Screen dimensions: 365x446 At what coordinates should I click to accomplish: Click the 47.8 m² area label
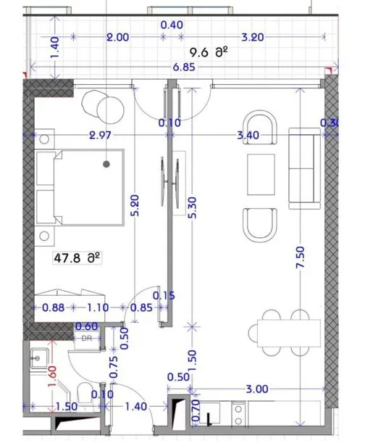pyautogui.click(x=77, y=258)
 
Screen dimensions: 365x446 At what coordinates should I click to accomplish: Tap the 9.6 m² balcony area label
pyautogui.click(x=209, y=52)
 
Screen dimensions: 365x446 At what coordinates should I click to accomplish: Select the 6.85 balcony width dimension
pyautogui.click(x=185, y=67)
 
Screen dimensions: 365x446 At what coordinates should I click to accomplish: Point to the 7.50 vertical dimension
pyautogui.click(x=300, y=257)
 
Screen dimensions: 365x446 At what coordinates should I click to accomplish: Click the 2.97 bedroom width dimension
pyautogui.click(x=100, y=135)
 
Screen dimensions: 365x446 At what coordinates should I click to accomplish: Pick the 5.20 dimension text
pyautogui.click(x=135, y=205)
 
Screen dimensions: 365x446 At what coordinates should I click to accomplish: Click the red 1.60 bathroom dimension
pyautogui.click(x=53, y=376)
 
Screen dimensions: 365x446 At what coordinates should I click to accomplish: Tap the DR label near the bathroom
pyautogui.click(x=87, y=339)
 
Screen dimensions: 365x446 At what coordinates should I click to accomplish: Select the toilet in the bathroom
pyautogui.click(x=84, y=392)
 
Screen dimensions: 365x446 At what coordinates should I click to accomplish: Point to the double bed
pyautogui.click(x=80, y=187)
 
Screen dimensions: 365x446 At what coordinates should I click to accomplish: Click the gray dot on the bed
pyautogui.click(x=106, y=164)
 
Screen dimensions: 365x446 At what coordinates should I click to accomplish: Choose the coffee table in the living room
pyautogui.click(x=261, y=174)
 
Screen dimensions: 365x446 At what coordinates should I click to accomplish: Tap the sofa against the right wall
pyautogui.click(x=304, y=168)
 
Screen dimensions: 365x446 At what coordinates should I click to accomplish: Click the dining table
pyautogui.click(x=289, y=333)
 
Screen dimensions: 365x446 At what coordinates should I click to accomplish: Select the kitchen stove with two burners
pyautogui.click(x=238, y=413)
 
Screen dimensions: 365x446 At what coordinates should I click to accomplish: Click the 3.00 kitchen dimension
pyautogui.click(x=257, y=389)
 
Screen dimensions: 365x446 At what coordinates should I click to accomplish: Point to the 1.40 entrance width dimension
pyautogui.click(x=136, y=406)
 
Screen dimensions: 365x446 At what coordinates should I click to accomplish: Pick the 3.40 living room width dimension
pyautogui.click(x=248, y=135)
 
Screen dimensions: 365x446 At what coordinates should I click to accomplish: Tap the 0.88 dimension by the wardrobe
pyautogui.click(x=53, y=307)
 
